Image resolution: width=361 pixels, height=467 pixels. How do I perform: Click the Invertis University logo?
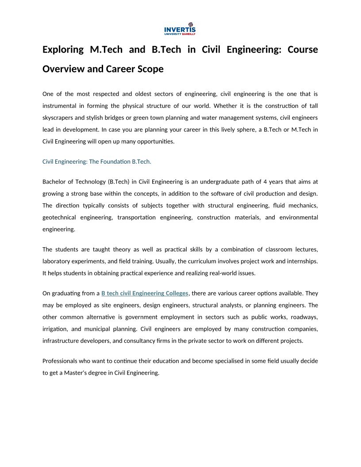(180, 29)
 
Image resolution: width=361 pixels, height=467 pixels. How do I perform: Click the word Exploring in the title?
(63, 50)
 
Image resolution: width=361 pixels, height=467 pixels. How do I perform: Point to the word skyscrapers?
(60, 118)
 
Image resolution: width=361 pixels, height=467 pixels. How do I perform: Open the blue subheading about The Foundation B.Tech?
(96, 161)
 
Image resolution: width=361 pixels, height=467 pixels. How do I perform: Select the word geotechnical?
(59, 218)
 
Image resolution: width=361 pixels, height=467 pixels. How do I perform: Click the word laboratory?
(58, 261)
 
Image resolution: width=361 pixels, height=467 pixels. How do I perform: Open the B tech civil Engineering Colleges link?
(145, 293)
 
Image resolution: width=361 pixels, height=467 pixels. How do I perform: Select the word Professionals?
(61, 361)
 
